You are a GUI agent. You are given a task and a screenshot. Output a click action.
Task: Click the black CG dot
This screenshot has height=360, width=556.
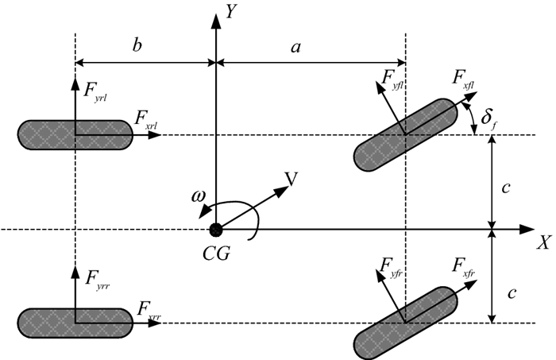click(215, 230)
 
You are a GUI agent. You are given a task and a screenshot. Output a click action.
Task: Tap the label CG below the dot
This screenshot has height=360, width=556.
click(216, 254)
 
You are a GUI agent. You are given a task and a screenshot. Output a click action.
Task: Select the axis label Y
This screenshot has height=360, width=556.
click(231, 11)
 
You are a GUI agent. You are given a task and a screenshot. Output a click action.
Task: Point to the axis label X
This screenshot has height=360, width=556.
click(544, 243)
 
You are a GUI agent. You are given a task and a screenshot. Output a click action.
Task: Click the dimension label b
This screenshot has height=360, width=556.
click(137, 45)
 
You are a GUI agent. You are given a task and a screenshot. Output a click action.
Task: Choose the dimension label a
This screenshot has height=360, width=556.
click(295, 47)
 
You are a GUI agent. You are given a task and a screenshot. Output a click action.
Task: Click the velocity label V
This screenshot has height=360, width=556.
click(292, 179)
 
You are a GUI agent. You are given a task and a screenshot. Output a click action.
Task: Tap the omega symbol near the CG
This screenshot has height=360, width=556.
click(198, 196)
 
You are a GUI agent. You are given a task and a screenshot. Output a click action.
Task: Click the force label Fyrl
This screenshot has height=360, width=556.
click(95, 91)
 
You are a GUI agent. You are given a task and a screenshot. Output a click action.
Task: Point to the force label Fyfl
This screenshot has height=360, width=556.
click(392, 79)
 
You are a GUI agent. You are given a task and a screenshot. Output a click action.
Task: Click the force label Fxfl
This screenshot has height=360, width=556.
click(463, 79)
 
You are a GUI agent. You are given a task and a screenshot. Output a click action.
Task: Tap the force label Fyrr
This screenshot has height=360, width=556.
click(98, 280)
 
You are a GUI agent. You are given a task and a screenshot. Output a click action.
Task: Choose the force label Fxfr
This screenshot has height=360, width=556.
click(463, 267)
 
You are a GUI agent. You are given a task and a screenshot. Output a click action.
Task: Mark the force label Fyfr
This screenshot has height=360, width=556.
click(392, 267)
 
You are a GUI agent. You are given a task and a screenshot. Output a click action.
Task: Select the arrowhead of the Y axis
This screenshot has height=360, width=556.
click(216, 21)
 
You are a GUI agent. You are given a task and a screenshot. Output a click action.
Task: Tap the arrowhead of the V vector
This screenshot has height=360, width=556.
click(282, 191)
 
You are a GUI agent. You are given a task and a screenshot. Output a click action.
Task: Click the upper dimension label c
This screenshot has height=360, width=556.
click(506, 188)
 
